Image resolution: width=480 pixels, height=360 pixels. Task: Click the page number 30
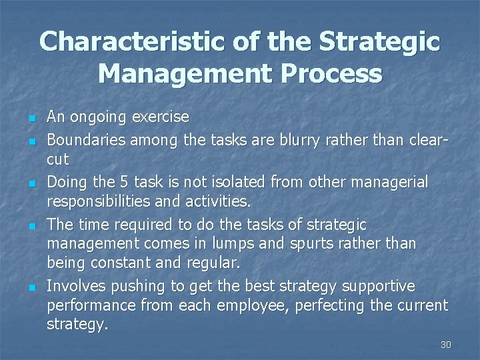point(445,345)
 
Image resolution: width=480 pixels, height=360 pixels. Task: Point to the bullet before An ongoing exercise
point(31,118)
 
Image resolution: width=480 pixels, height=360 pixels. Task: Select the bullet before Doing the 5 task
point(31,183)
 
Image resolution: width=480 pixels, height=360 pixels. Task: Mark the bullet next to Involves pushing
point(31,287)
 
